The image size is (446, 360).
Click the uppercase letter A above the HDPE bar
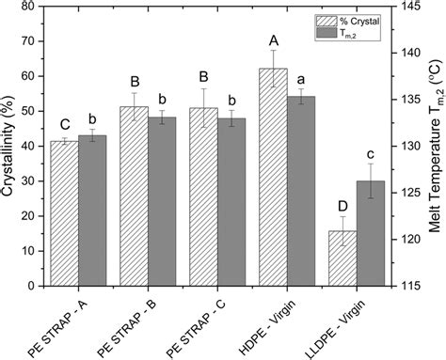click(x=273, y=40)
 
